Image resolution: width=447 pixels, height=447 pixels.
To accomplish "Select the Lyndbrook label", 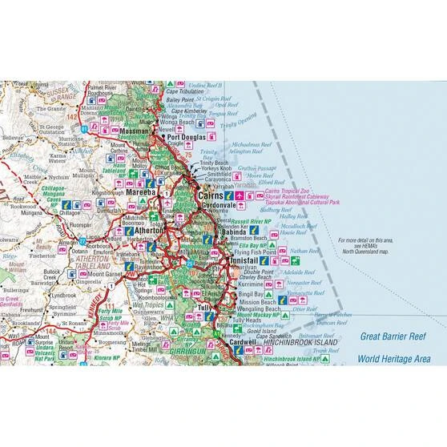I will click(x=62, y=295).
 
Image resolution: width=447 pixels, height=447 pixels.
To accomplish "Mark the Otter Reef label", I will click(x=304, y=308).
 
